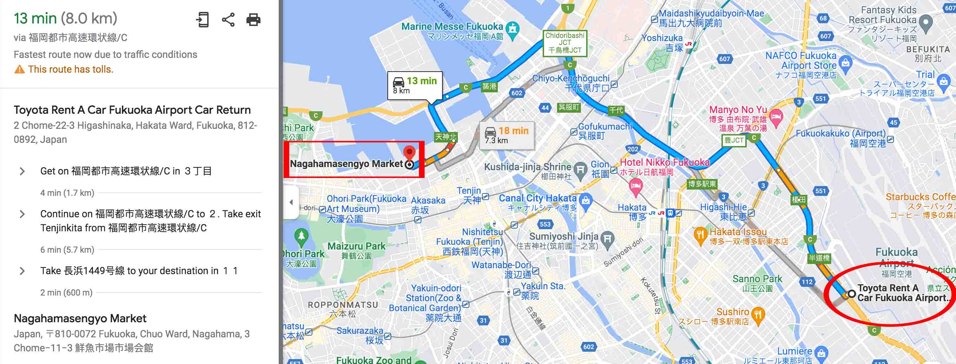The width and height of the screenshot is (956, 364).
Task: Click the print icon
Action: click(x=253, y=19)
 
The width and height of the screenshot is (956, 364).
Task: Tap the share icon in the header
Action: click(x=228, y=19)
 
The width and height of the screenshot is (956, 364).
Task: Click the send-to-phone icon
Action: click(x=203, y=19)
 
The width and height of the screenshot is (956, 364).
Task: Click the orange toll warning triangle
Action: click(x=19, y=70)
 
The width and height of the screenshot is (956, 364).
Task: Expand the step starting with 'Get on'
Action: click(x=22, y=171)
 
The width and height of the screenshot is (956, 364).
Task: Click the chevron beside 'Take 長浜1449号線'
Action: click(x=22, y=271)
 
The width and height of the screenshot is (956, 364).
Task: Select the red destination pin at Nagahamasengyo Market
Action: click(x=409, y=152)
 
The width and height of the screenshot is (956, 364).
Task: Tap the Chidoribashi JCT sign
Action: click(x=564, y=43)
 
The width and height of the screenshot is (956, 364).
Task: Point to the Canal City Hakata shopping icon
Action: click(x=585, y=200)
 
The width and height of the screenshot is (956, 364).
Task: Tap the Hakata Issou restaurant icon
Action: click(x=700, y=234)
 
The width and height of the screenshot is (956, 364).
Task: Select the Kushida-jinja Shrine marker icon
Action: click(x=580, y=170)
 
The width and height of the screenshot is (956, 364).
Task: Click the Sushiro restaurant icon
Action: click(x=758, y=314)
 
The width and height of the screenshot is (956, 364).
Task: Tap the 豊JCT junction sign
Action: click(x=734, y=140)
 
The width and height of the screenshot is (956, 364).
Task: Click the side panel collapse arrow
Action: click(x=291, y=203)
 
